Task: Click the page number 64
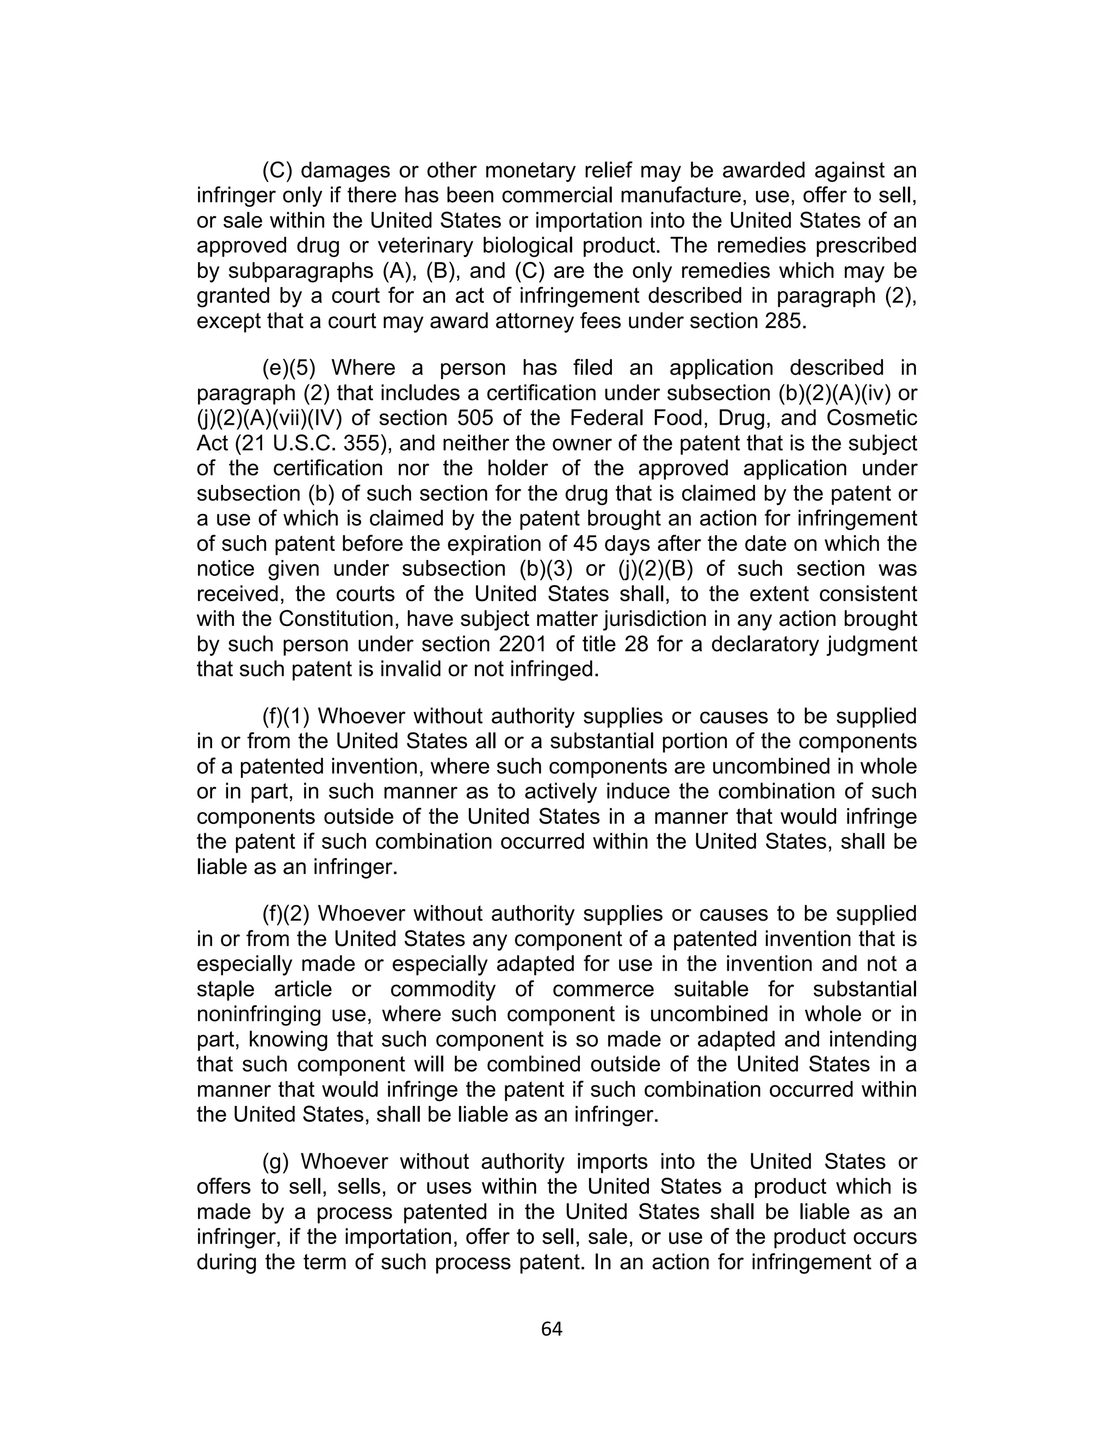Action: [551, 1329]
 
